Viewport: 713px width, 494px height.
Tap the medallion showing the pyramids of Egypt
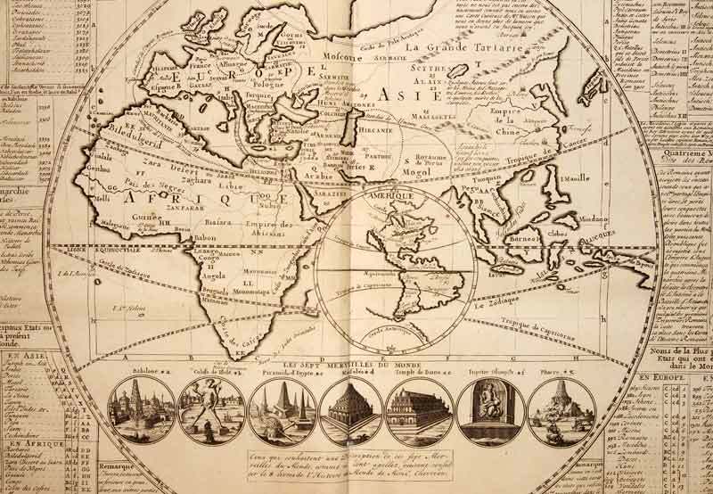pos(281,411)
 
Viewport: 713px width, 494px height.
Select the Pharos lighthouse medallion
pos(561,411)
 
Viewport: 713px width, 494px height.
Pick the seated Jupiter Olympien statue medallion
pos(491,411)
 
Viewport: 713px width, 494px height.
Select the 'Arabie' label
pos(316,176)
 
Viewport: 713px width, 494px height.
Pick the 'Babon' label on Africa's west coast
pos(205,238)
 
